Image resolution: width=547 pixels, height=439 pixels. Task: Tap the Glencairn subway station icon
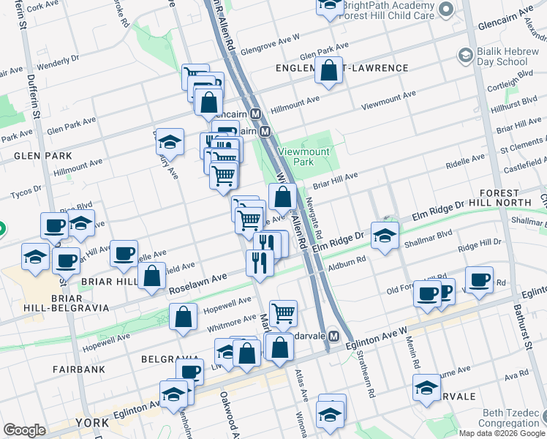[256, 115]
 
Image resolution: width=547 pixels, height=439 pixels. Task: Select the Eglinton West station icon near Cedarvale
[333, 336]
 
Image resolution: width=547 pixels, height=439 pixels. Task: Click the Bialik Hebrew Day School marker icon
[463, 55]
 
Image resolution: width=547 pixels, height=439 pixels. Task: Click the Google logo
[24, 430]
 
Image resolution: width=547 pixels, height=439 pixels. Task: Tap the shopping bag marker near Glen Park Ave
[329, 71]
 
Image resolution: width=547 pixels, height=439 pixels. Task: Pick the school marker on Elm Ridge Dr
[385, 235]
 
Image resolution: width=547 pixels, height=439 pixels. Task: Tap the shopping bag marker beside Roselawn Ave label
[152, 277]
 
